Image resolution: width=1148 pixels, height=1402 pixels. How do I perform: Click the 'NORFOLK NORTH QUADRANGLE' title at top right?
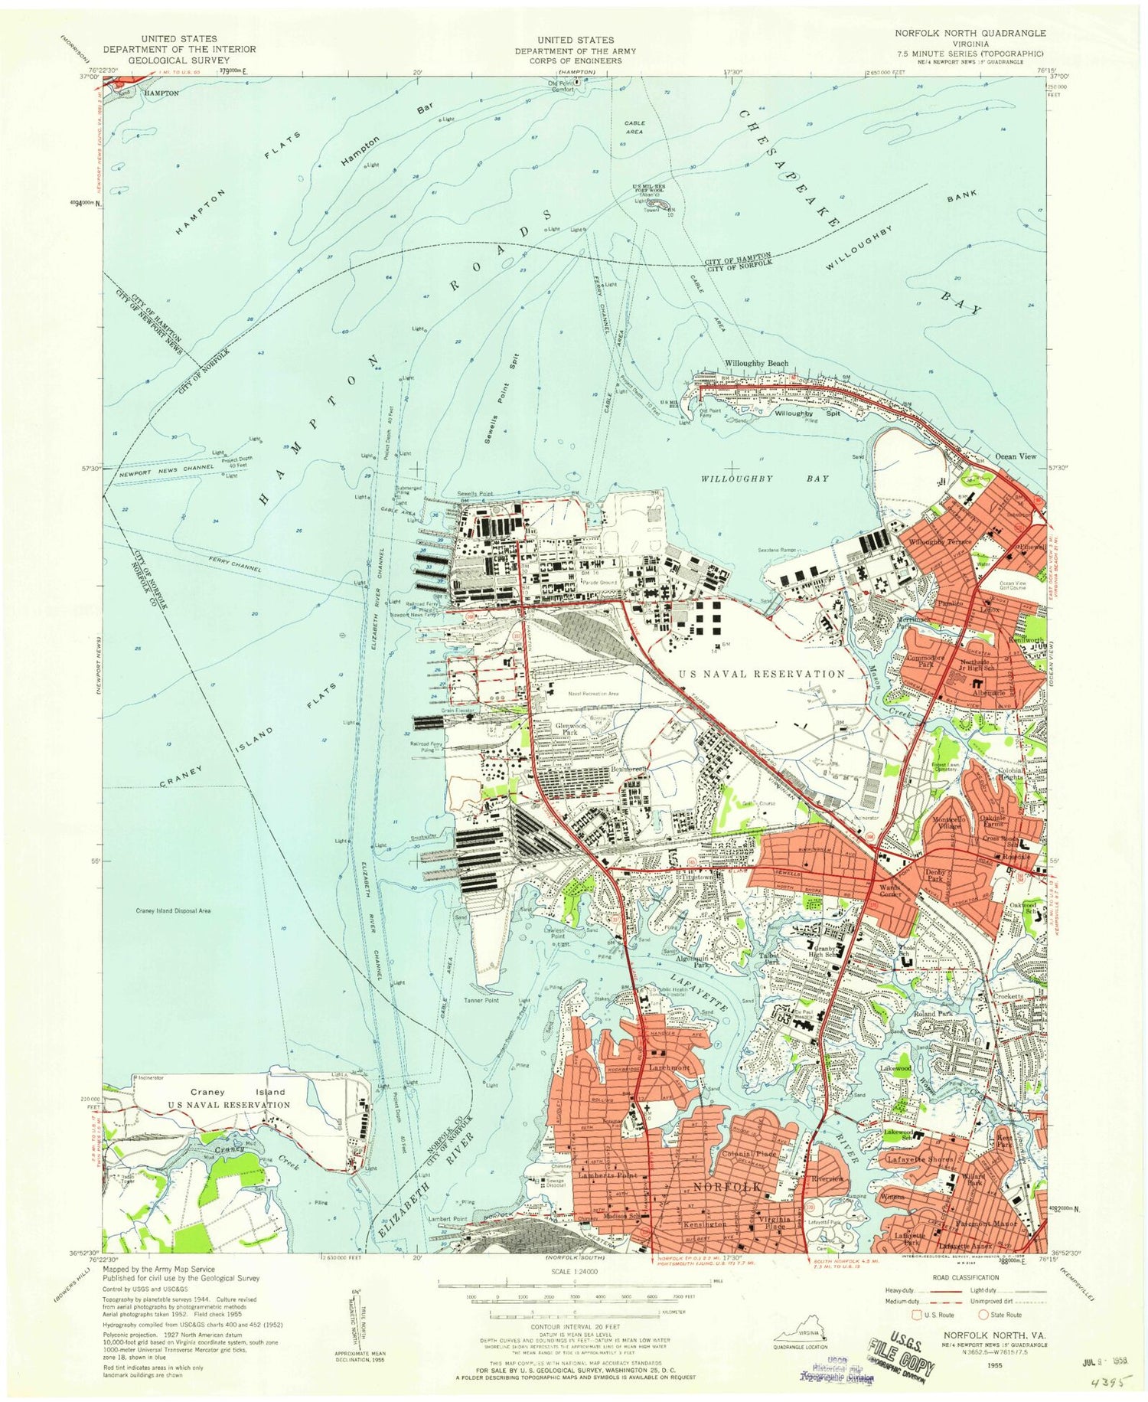click(x=970, y=34)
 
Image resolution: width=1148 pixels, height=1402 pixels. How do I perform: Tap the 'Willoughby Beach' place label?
click(x=756, y=364)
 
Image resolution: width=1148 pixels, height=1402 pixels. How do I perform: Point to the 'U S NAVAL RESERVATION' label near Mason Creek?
click(x=762, y=674)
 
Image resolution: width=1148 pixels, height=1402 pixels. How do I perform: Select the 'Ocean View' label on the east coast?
click(x=1015, y=456)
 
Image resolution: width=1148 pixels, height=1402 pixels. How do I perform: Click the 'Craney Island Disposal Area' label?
click(x=173, y=911)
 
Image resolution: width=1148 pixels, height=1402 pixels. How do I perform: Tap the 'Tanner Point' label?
click(x=481, y=1001)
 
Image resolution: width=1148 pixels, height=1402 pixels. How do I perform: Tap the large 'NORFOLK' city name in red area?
click(x=727, y=1186)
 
